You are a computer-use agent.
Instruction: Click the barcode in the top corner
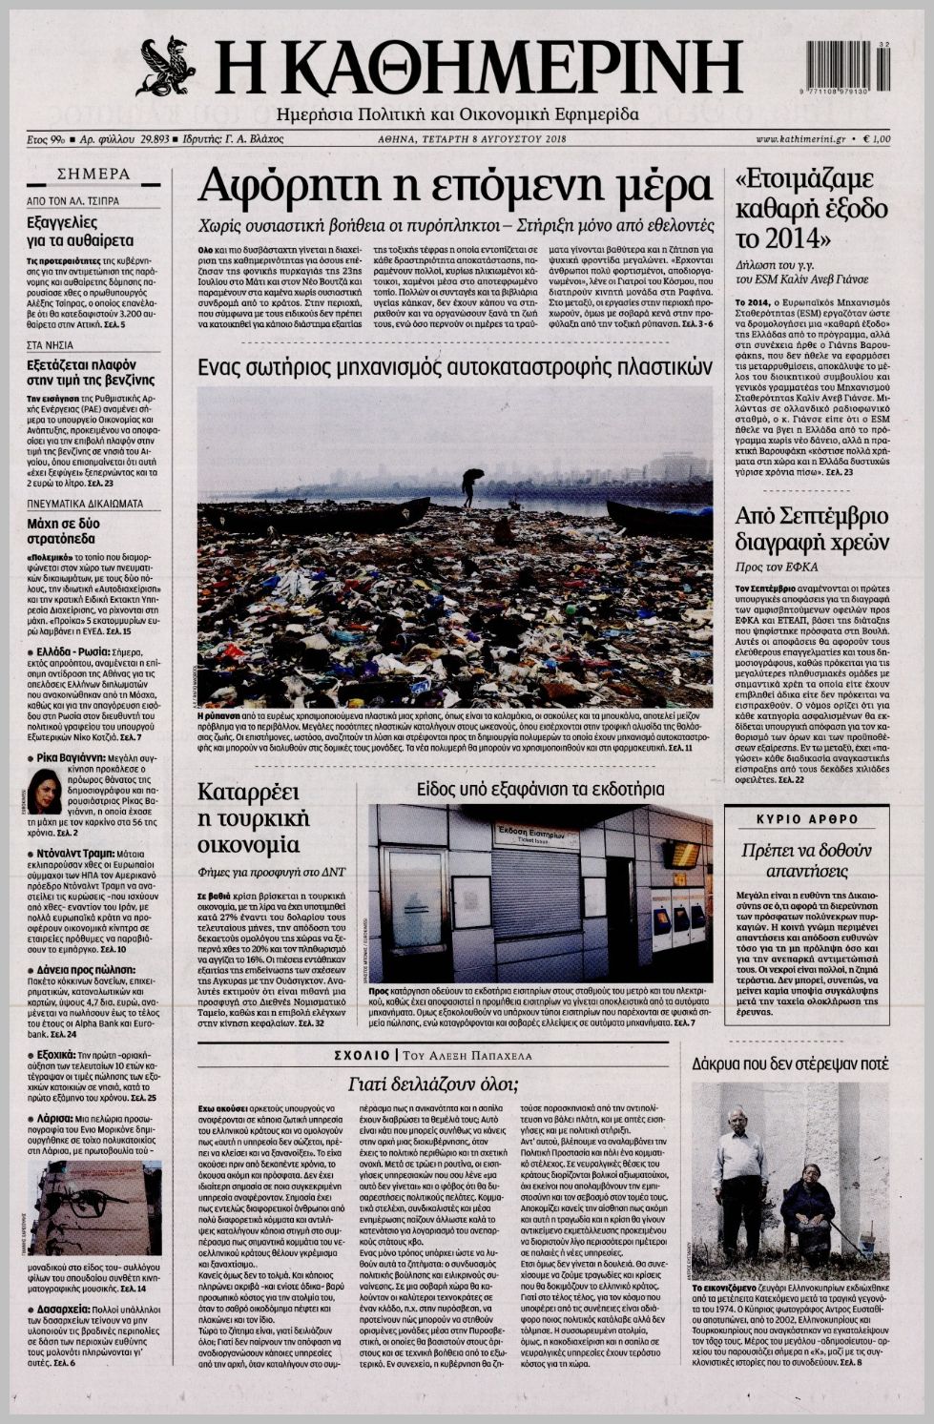click(x=848, y=67)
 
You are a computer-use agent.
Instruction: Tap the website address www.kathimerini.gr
click(x=800, y=138)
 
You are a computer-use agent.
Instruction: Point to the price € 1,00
click(x=875, y=138)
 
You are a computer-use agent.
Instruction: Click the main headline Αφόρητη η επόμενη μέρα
click(x=454, y=185)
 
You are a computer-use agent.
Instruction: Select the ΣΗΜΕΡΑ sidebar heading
click(x=93, y=175)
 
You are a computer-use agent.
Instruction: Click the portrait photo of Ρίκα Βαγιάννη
click(x=44, y=792)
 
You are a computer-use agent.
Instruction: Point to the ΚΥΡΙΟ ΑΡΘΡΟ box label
click(x=806, y=818)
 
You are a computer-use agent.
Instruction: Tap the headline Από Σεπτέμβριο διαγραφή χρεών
click(x=812, y=529)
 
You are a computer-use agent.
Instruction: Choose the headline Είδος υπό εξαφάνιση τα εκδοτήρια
click(x=540, y=790)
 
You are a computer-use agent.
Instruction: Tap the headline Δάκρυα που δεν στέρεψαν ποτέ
click(x=789, y=1063)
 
